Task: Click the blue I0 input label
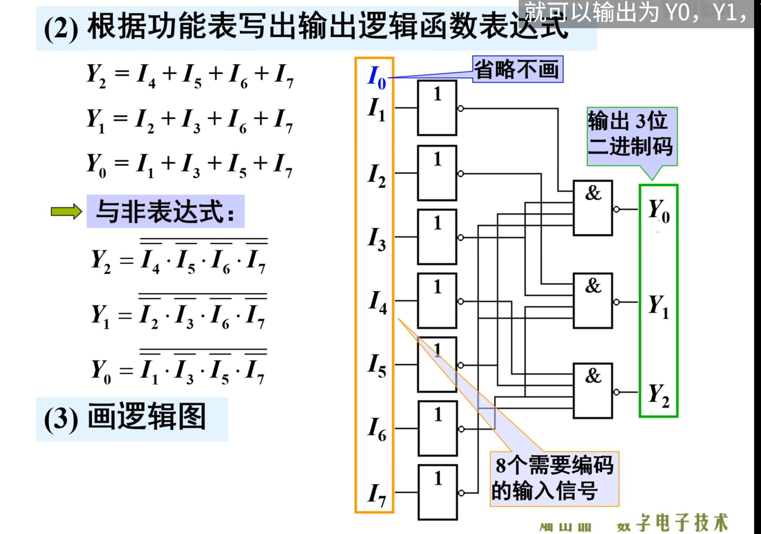pos(376,77)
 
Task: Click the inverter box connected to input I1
pos(437,108)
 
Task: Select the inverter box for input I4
pos(437,301)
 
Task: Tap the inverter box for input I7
pos(438,492)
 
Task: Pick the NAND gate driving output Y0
pos(593,208)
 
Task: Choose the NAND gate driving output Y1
pos(593,301)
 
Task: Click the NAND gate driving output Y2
pos(593,391)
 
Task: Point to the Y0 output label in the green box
pos(659,210)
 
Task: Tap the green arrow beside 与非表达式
pos(67,211)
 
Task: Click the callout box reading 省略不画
pos(518,69)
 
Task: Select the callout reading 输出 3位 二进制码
pos(632,134)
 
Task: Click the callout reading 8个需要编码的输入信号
pos(554,478)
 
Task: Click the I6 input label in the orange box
pos(377,429)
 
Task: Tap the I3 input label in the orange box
pos(377,238)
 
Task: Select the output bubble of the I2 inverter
pos(460,174)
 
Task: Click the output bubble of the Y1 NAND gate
pos(616,302)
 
